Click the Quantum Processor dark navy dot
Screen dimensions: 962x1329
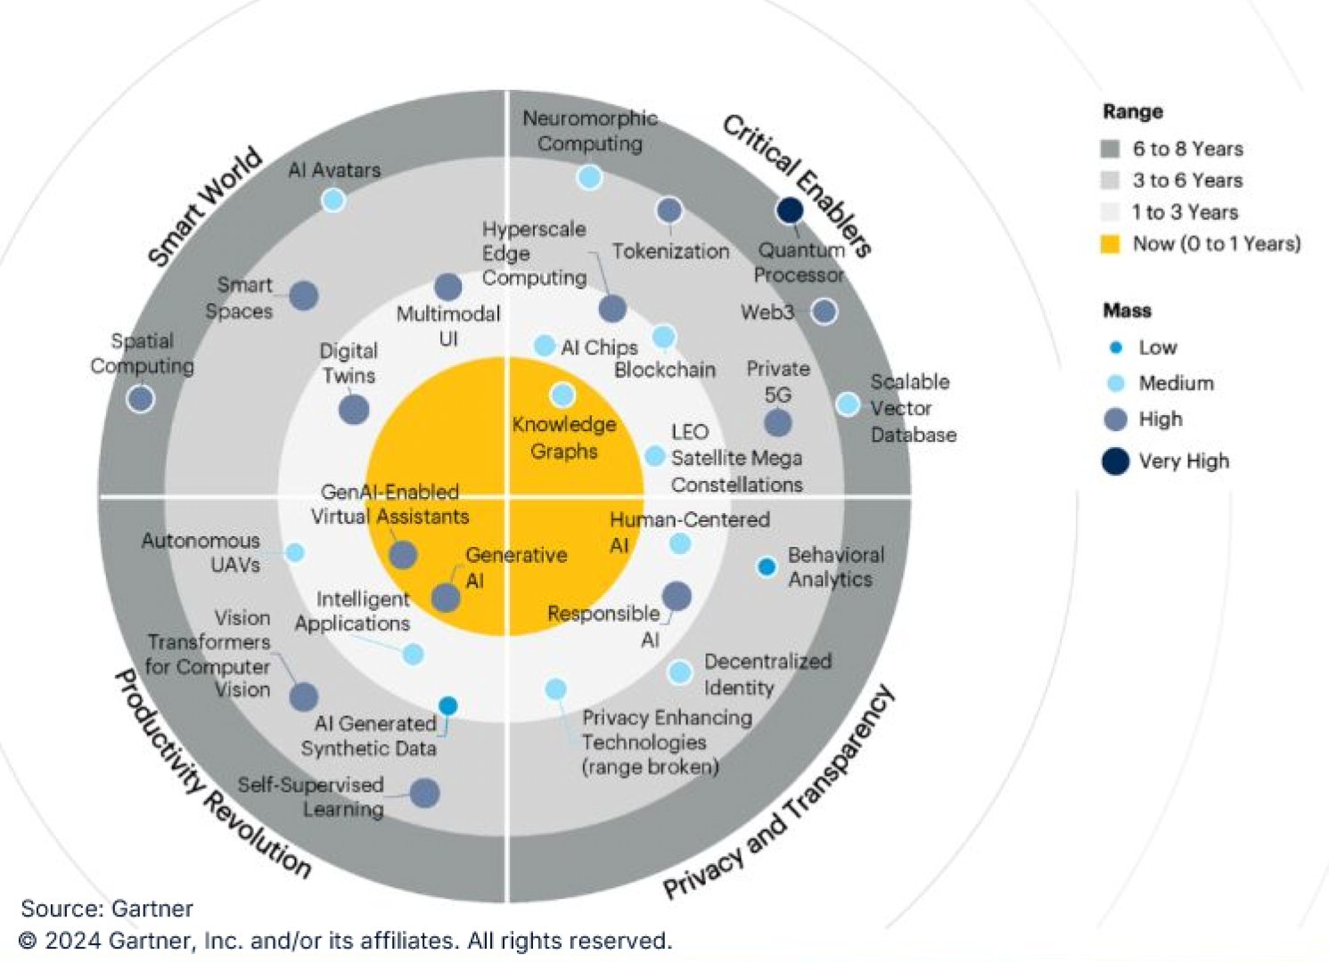(x=790, y=210)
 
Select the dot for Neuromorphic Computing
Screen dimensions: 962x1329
(x=589, y=176)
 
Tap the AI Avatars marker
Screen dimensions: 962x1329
(x=332, y=200)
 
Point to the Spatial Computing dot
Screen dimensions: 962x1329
(x=140, y=398)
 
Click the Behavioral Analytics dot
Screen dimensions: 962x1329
(x=766, y=567)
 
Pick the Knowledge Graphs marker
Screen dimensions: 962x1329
(x=562, y=395)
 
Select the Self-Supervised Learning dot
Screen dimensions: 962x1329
(x=424, y=793)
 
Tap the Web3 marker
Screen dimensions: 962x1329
(x=824, y=311)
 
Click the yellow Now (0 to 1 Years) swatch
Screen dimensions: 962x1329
(x=1110, y=244)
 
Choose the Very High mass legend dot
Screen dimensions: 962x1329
(x=1115, y=461)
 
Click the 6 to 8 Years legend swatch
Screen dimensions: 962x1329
(x=1110, y=149)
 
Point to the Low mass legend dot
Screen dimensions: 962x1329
(x=1115, y=347)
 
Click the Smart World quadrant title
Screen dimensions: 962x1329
(x=205, y=207)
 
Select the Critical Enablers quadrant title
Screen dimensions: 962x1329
(x=796, y=185)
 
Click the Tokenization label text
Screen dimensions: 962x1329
(x=670, y=251)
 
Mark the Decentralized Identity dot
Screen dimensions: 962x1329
(x=679, y=673)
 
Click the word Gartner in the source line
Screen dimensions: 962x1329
(x=152, y=909)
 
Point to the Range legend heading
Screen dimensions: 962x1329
(x=1133, y=112)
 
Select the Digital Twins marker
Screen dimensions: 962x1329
(x=354, y=410)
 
